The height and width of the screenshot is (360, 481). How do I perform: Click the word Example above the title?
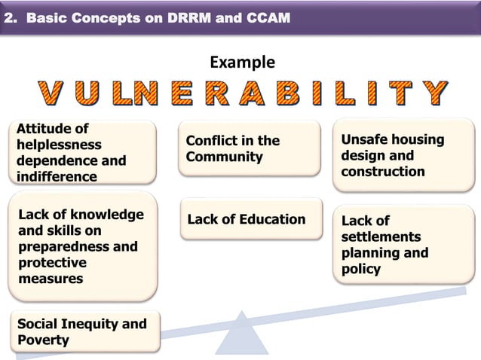click(241, 62)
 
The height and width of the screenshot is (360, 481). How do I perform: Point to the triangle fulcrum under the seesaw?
click(241, 334)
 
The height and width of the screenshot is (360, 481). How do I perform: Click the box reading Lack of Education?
click(247, 220)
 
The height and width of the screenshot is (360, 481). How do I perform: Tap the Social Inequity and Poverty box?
click(82, 332)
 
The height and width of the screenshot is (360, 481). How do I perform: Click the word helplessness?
click(59, 145)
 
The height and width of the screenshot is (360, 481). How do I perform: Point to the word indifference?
click(57, 177)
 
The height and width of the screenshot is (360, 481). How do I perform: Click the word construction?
click(383, 172)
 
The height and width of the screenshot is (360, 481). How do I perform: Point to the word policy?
click(361, 269)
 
